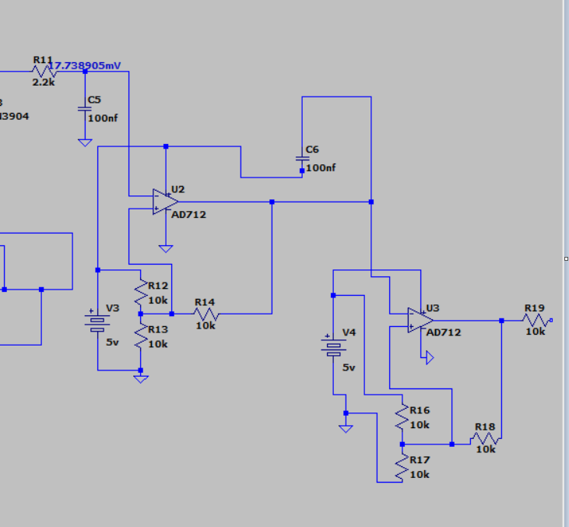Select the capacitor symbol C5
[x=85, y=109]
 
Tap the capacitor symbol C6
[x=303, y=159]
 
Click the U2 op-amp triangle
[x=165, y=202]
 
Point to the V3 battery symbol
[x=97, y=321]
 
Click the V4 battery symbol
[x=333, y=346]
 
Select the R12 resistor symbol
[x=141, y=293]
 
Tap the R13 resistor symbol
[x=141, y=336]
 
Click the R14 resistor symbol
[x=206, y=314]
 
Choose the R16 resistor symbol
[x=402, y=418]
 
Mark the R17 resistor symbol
[x=402, y=466]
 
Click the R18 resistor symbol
[x=484, y=439]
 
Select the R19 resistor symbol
[x=535, y=320]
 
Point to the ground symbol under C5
[x=85, y=142]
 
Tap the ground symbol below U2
[x=166, y=248]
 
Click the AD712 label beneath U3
[x=444, y=332]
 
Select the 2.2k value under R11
[x=43, y=82]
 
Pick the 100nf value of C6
[x=321, y=168]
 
